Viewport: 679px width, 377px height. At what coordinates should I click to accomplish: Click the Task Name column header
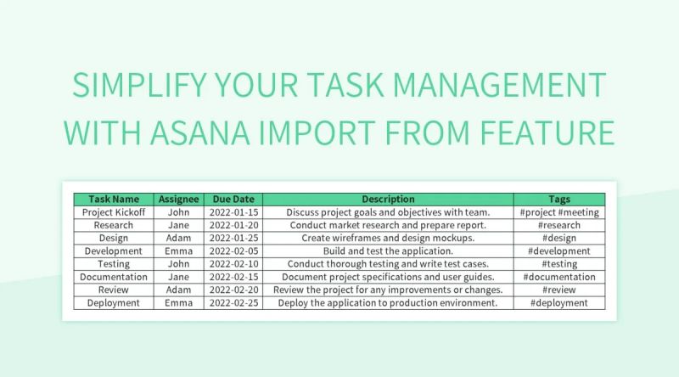[114, 200]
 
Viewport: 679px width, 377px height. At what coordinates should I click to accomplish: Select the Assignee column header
[178, 200]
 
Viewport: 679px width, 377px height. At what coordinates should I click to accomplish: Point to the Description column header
[388, 200]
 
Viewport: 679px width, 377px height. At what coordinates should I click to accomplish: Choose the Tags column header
[559, 200]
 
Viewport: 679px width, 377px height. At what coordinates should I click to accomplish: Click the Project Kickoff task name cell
[114, 212]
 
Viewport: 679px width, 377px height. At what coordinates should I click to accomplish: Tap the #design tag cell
[559, 238]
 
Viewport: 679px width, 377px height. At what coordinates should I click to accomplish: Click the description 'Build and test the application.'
[388, 251]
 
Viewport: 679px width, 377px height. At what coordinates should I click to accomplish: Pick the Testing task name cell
[114, 264]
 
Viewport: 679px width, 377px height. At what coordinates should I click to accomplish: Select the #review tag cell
[559, 290]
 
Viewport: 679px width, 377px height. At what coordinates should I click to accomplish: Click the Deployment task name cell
[114, 302]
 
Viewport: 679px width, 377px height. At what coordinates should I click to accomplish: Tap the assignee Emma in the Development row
[178, 251]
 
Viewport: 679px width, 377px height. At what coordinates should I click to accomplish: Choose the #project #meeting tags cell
[559, 212]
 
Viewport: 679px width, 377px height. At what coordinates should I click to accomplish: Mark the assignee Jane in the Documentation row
[178, 277]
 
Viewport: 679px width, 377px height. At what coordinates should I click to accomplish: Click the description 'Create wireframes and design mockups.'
[388, 238]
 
